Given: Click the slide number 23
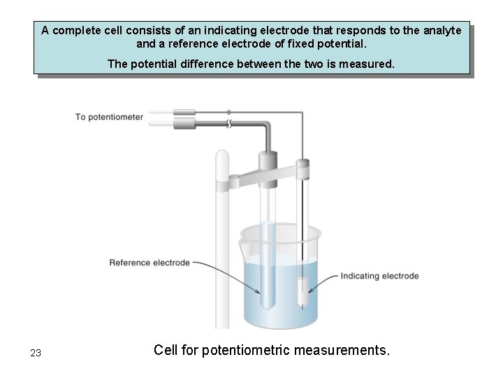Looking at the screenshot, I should pyautogui.click(x=36, y=353).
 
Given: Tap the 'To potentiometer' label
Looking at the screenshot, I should pyautogui.click(x=109, y=117).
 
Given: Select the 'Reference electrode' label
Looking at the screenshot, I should pyautogui.click(x=150, y=263).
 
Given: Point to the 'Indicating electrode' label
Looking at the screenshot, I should pyautogui.click(x=379, y=276).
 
